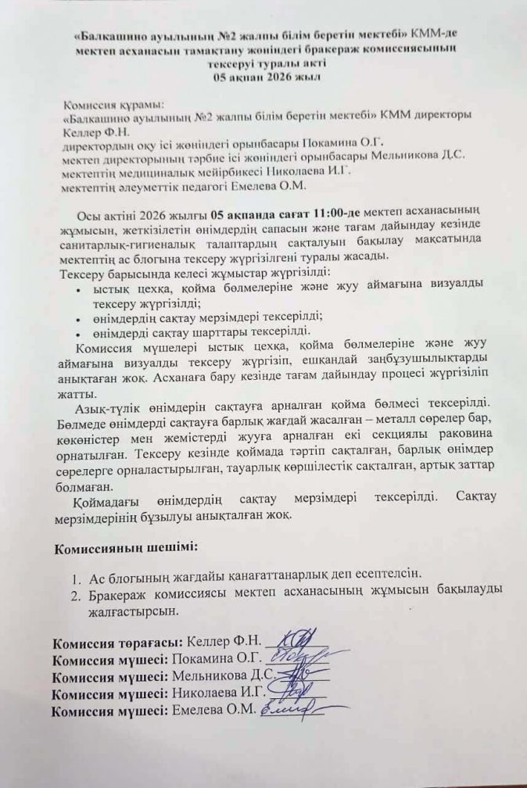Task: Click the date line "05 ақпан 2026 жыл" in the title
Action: pyautogui.click(x=264, y=77)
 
